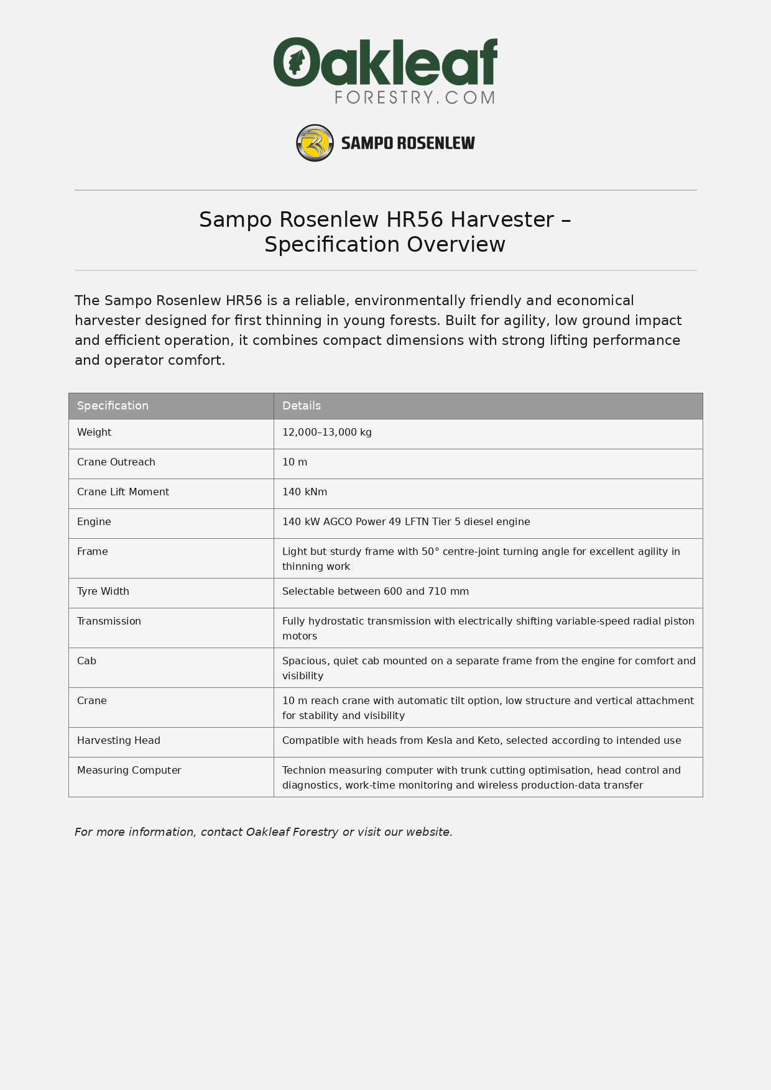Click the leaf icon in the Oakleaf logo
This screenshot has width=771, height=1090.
tap(297, 62)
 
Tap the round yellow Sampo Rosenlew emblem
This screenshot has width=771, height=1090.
tap(315, 143)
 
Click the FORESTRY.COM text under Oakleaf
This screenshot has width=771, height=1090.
tap(415, 98)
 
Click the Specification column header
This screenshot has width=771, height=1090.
tap(113, 406)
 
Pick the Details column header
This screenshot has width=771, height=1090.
tap(302, 406)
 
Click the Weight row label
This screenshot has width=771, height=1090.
tap(94, 433)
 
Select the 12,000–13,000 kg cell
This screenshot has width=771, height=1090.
tap(326, 433)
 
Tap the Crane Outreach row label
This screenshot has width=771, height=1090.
tap(116, 462)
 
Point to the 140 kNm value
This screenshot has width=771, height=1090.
tap(305, 492)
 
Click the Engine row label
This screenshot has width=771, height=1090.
tap(94, 522)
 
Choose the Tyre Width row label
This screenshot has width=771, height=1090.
tap(103, 592)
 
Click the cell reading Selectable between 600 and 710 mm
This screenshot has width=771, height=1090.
tap(376, 592)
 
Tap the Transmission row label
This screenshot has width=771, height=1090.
tap(109, 621)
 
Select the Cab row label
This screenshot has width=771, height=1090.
tap(86, 661)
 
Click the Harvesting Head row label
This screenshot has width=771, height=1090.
tap(119, 741)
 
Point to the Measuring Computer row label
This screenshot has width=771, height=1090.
tap(129, 771)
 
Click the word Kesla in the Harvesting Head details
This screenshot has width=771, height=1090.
tap(439, 741)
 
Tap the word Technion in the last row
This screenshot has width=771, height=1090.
tap(304, 771)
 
